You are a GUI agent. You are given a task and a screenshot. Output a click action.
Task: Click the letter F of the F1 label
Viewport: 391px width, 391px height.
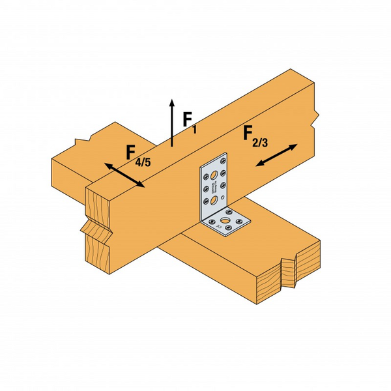click(x=187, y=119)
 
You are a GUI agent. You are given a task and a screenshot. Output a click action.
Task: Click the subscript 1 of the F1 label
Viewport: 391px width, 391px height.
click(x=194, y=130)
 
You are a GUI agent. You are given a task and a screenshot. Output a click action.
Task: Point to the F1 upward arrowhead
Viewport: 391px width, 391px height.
click(x=172, y=102)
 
